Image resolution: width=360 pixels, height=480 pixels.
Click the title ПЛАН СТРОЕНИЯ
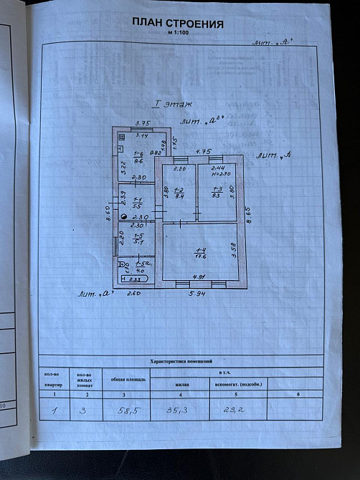click(179, 24)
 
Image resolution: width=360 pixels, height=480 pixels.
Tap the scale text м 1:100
click(179, 34)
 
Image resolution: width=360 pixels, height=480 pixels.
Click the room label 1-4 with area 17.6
click(202, 252)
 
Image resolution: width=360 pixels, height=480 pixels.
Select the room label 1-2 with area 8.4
click(180, 192)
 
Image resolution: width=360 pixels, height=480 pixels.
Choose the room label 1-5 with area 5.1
click(138, 239)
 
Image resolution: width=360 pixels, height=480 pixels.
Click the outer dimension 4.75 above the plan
click(204, 151)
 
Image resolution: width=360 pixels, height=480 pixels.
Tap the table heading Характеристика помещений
click(185, 362)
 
